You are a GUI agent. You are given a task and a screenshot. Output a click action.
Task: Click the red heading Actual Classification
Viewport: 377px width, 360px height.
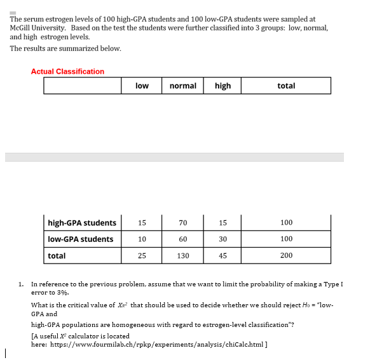[x=67, y=72]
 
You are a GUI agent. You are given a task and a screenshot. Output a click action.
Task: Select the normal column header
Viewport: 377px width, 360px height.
[x=182, y=86]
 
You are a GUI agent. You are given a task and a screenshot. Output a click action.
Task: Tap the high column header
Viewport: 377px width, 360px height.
[x=223, y=86]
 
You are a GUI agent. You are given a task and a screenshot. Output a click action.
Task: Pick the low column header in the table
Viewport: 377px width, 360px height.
[x=142, y=86]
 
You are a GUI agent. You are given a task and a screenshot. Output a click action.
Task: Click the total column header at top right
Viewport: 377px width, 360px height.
[x=286, y=86]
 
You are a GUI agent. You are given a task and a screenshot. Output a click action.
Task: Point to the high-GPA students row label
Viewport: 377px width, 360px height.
[x=82, y=223]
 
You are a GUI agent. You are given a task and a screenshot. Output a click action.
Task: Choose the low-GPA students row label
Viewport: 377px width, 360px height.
[x=81, y=239]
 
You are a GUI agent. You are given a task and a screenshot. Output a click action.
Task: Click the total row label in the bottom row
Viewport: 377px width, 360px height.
[x=57, y=256]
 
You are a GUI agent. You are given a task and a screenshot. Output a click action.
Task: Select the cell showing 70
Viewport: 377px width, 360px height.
[x=183, y=223]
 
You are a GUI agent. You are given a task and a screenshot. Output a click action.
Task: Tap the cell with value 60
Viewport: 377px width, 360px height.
[x=183, y=239]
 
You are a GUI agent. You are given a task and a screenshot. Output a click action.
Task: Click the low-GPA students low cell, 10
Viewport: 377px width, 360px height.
[x=142, y=239]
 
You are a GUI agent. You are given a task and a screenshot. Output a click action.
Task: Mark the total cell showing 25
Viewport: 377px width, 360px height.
[x=142, y=256]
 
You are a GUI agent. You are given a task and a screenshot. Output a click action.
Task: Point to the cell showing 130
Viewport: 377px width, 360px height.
[x=183, y=256]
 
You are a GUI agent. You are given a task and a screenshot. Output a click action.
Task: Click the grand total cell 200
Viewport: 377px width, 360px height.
[x=286, y=256]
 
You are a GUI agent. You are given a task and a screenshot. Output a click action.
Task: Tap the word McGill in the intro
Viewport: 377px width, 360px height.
[x=21, y=28]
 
